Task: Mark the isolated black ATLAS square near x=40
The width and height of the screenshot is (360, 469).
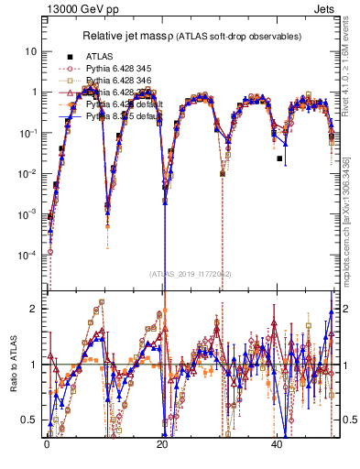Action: point(280,158)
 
